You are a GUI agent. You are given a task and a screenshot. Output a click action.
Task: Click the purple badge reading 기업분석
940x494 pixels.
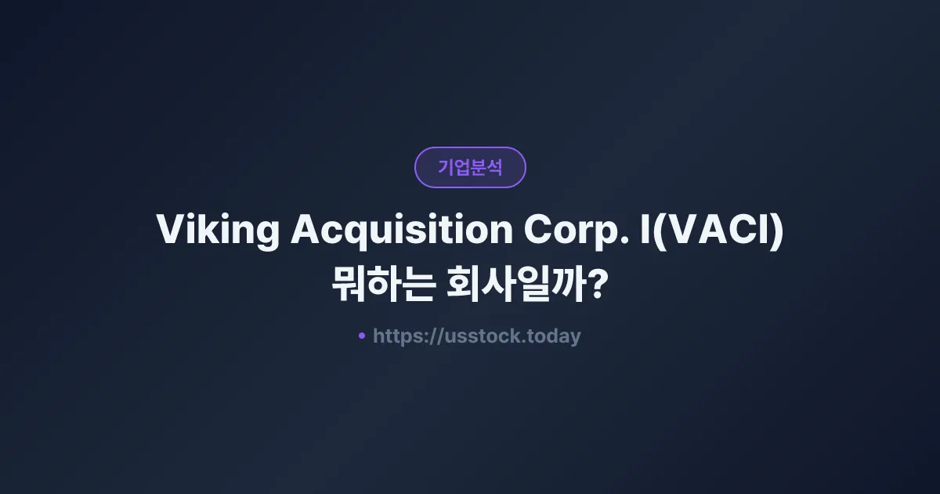(470, 167)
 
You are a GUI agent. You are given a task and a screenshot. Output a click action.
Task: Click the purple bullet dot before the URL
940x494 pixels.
(362, 336)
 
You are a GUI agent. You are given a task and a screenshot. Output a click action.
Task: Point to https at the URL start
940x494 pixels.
(396, 336)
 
